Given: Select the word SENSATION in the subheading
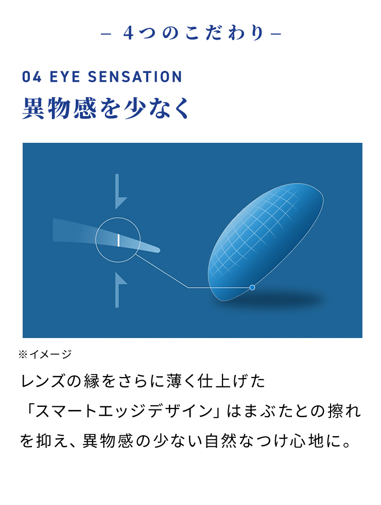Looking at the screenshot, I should [x=135, y=77].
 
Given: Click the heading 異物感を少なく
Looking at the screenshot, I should [x=106, y=108].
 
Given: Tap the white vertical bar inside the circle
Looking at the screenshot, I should [x=118, y=240].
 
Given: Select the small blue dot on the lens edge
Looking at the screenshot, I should [x=252, y=287].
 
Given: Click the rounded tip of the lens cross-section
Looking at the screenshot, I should [x=155, y=250].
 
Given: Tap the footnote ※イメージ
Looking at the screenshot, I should [x=45, y=354].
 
